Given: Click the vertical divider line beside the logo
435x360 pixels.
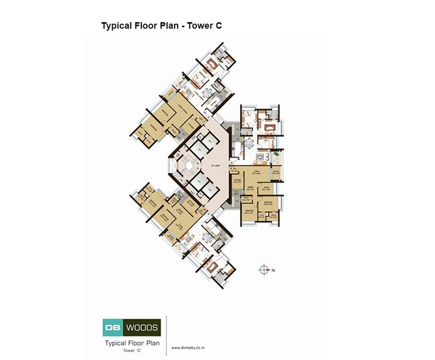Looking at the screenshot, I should click(167, 335).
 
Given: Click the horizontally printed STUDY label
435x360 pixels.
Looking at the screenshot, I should click(266, 187).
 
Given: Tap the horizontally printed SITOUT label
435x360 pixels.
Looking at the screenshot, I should click(277, 172).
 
